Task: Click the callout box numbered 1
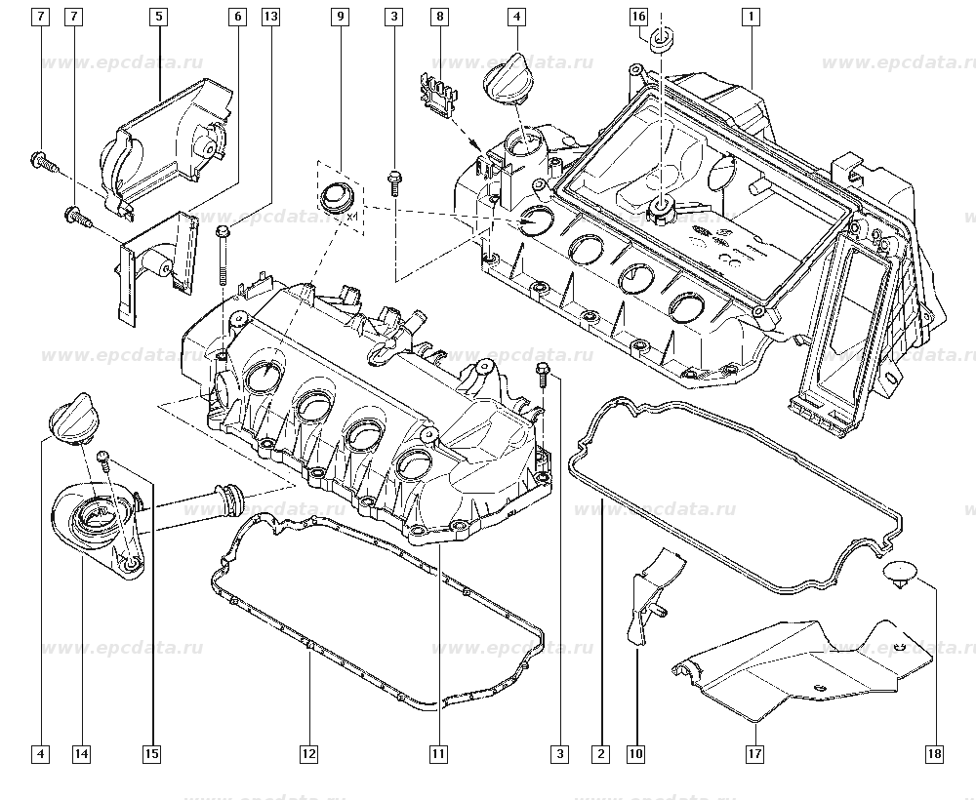click(x=751, y=17)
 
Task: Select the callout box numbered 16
click(x=639, y=17)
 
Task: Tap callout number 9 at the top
click(x=340, y=17)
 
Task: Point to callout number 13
click(x=270, y=17)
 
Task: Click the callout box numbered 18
click(x=934, y=754)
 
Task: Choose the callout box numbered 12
click(x=308, y=754)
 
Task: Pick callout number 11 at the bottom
click(x=438, y=754)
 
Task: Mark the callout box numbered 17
click(x=754, y=754)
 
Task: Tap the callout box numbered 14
click(x=82, y=754)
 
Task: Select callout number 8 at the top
click(x=440, y=17)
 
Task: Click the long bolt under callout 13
click(x=223, y=255)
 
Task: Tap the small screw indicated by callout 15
click(x=104, y=460)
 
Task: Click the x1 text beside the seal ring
click(x=352, y=217)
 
